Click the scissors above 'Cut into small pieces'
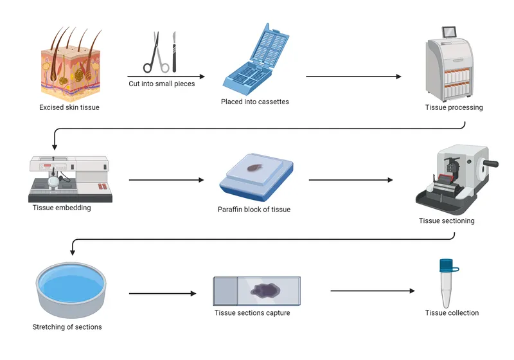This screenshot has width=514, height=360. click(x=156, y=54)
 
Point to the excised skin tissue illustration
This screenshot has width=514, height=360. click(x=69, y=62)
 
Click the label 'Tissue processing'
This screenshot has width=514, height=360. click(x=454, y=107)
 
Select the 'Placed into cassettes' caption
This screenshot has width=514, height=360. click(x=254, y=102)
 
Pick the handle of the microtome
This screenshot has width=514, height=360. click(x=491, y=164)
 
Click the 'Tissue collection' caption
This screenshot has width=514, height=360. click(x=452, y=313)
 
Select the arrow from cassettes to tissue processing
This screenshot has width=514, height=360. click(x=353, y=76)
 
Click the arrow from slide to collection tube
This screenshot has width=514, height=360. click(x=373, y=291)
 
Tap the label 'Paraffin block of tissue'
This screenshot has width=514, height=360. click(x=254, y=210)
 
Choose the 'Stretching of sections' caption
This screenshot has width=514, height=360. click(x=67, y=327)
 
